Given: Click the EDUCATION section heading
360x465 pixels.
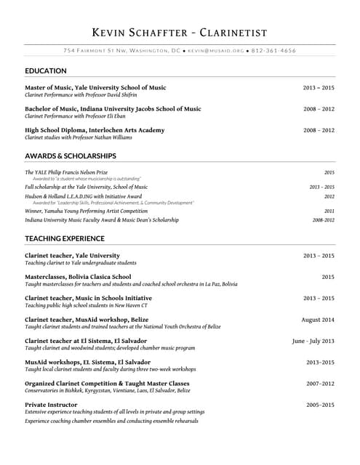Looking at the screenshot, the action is click(x=46, y=71).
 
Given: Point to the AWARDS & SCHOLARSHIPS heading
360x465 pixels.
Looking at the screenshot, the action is click(x=71, y=156).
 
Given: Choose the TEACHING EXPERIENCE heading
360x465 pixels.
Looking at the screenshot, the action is click(x=65, y=238).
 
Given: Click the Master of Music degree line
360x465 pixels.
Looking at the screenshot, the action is click(x=95, y=88).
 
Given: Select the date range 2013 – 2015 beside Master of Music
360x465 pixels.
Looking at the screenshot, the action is click(x=319, y=88).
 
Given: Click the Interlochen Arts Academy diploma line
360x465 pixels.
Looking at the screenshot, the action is click(x=95, y=130).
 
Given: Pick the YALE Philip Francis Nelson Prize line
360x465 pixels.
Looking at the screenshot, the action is click(x=66, y=172).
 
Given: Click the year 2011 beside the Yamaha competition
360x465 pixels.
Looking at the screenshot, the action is click(x=329, y=211).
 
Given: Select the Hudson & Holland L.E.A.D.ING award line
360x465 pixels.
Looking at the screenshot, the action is click(x=84, y=196).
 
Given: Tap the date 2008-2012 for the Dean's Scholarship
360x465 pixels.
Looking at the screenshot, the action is click(x=324, y=219).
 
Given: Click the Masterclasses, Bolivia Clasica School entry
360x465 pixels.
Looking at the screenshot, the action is click(x=78, y=277).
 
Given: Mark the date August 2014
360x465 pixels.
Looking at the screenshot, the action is click(x=318, y=320).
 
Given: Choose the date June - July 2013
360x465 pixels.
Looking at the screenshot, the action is click(x=313, y=341).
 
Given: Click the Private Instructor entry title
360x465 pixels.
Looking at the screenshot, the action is click(x=51, y=405).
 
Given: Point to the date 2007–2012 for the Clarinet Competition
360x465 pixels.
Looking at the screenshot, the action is click(x=320, y=384).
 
